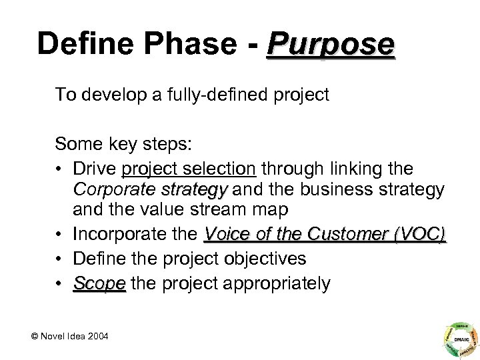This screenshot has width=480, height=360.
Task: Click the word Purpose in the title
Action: [329, 45]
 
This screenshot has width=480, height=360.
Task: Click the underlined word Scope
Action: [99, 283]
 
